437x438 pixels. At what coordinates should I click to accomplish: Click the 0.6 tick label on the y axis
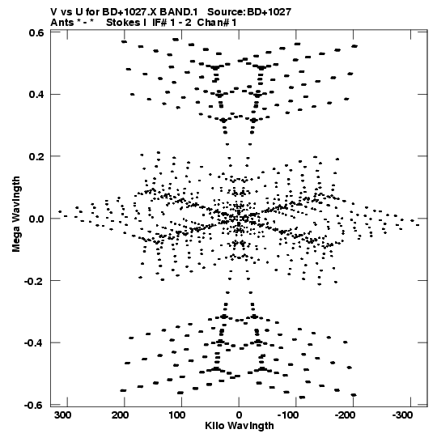point(36,32)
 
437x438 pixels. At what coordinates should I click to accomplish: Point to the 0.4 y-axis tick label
point(36,95)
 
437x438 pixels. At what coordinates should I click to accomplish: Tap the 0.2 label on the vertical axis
point(36,156)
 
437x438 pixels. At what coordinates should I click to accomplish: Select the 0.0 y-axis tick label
point(36,219)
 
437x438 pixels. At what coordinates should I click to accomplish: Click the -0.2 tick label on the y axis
point(34,281)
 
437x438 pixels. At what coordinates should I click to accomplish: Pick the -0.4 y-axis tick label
point(34,342)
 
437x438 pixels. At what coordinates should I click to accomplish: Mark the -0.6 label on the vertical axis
point(34,405)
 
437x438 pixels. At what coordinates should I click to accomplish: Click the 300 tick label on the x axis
point(63,415)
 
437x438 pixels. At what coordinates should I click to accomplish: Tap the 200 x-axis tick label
point(121,415)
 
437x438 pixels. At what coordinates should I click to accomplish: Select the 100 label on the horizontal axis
point(177,415)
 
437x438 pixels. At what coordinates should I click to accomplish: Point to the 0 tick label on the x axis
point(239,415)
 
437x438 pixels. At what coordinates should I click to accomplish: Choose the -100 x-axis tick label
point(288,415)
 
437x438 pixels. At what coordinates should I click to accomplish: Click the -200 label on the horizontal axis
point(345,415)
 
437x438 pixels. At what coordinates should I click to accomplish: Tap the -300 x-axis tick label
point(402,415)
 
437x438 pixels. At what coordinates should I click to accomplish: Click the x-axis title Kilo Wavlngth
point(240,426)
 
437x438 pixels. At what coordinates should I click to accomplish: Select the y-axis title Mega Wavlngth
point(16,215)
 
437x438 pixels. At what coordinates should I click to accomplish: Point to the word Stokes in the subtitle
point(123,23)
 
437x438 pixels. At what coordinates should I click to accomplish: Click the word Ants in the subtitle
point(62,23)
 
